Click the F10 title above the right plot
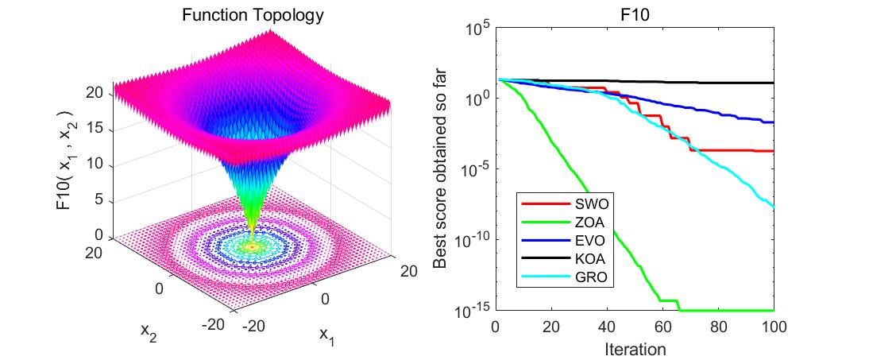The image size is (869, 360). pyautogui.click(x=634, y=15)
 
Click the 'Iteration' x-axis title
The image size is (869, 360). pyautogui.click(x=634, y=348)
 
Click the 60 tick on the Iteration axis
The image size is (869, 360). pyautogui.click(x=662, y=326)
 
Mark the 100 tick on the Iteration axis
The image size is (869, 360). pyautogui.click(x=774, y=326)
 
